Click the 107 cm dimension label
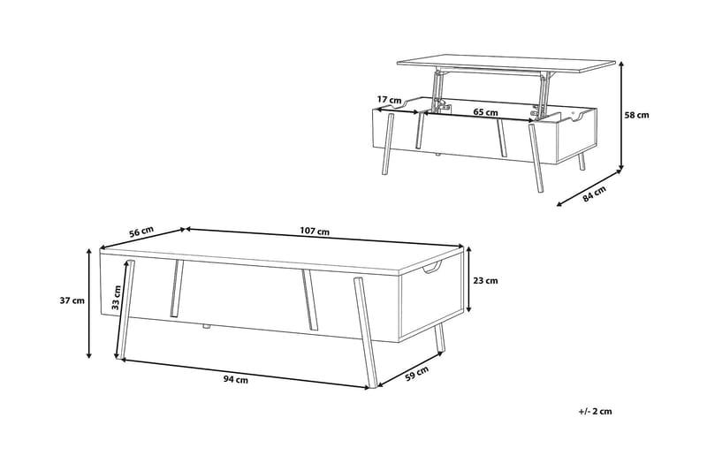coord(315,232)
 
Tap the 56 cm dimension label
coord(141,232)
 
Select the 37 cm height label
coord(72,300)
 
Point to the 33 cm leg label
coord(116,298)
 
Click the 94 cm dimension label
coord(235,379)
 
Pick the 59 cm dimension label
coord(416,374)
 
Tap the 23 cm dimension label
coord(485,281)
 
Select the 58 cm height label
coord(636,115)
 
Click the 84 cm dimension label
coord(594,194)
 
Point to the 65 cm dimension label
coord(485,111)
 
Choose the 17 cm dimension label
coord(389,100)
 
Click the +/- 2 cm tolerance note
coord(595,411)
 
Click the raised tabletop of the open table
coord(506,64)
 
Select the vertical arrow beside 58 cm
coord(621,116)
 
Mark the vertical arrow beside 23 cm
coord(469,279)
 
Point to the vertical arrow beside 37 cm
coord(89,303)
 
